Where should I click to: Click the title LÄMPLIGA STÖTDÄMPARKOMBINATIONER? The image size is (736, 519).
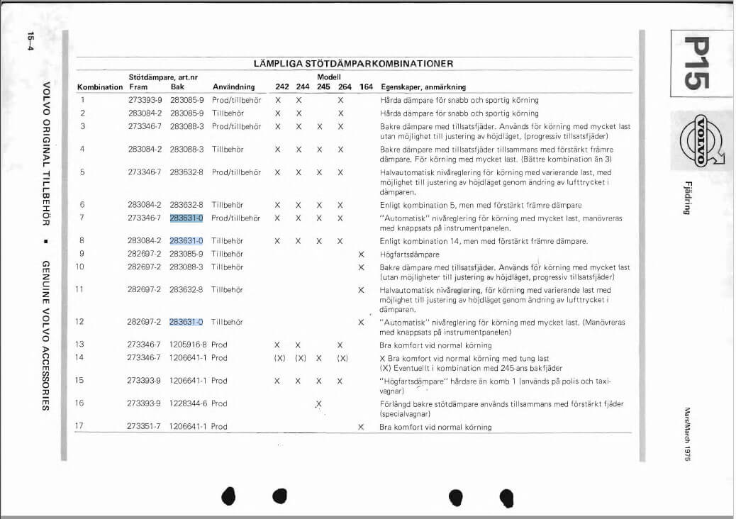click(353, 64)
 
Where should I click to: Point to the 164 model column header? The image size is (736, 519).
click(366, 87)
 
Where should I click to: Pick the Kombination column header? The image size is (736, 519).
click(100, 87)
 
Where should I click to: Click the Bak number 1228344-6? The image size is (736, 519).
click(189, 403)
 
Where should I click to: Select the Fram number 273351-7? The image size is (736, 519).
click(145, 427)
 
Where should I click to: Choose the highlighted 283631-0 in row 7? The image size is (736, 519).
click(186, 218)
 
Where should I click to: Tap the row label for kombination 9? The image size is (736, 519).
click(82, 254)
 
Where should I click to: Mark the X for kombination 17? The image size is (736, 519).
click(361, 427)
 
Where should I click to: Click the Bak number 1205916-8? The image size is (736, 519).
click(189, 345)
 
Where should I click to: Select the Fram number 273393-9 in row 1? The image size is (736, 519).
click(145, 100)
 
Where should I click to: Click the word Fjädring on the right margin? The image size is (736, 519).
click(687, 199)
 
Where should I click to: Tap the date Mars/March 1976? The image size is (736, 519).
click(687, 434)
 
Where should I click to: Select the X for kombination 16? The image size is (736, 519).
click(318, 403)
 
